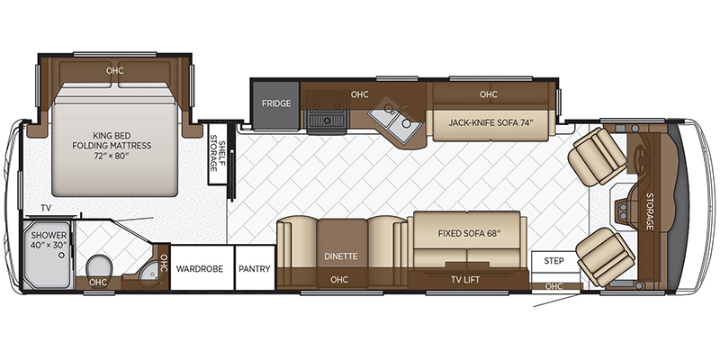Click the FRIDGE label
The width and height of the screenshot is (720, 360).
pyautogui.click(x=276, y=103)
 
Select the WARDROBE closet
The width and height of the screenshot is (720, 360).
pyautogui.click(x=199, y=268)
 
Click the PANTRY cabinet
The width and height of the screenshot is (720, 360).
pyautogui.click(x=255, y=268)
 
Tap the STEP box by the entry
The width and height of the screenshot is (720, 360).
pyautogui.click(x=553, y=261)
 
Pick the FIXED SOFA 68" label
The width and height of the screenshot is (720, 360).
pyautogui.click(x=469, y=233)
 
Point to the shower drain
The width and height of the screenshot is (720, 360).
pyautogui.click(x=60, y=254)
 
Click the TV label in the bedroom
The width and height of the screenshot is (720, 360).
pyautogui.click(x=46, y=208)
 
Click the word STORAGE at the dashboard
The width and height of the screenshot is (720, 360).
pyautogui.click(x=650, y=211)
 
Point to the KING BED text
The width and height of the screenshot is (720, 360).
pyautogui.click(x=112, y=136)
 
